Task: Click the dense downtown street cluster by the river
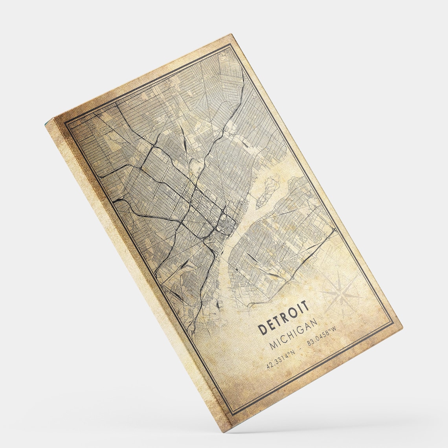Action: point(227,225)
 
